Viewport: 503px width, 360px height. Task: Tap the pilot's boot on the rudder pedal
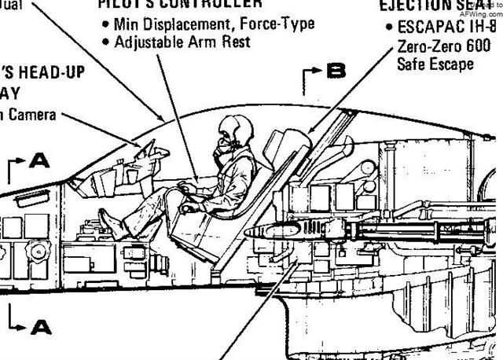pos(112,227)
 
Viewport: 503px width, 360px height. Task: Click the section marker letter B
pos(336,72)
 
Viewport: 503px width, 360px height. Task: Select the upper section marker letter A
pos(39,161)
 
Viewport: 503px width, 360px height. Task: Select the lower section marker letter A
pos(41,325)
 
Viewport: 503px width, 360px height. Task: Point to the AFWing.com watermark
pos(486,13)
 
